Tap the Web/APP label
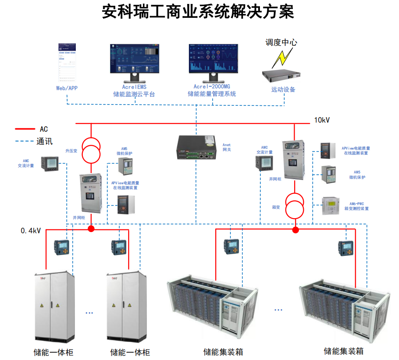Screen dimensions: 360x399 coord(67,88)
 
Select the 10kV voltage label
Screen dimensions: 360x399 coord(322,120)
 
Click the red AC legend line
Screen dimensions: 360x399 coord(25,129)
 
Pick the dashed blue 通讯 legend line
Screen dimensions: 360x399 coord(25,141)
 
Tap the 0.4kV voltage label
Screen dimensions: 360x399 coord(31,231)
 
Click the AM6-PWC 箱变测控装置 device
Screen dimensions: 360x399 coord(331,206)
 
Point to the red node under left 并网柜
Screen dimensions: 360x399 coord(91,229)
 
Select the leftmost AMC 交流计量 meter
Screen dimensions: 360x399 coord(49,164)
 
